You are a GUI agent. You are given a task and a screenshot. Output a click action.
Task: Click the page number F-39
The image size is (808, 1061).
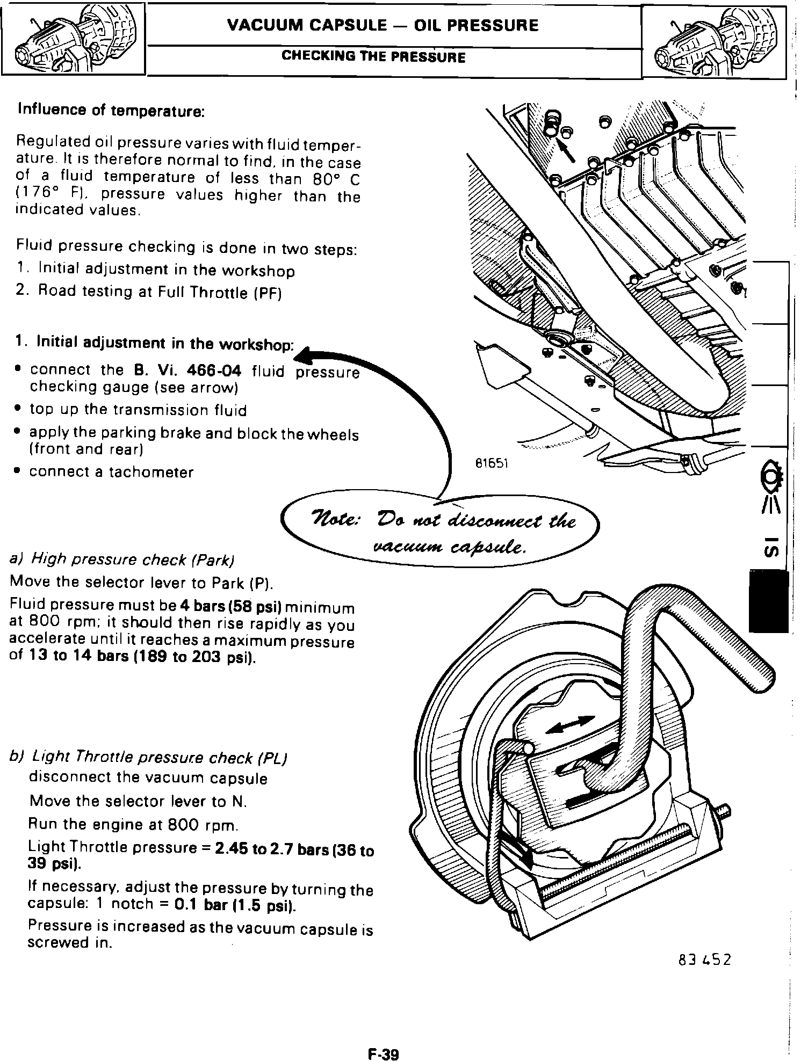pyautogui.click(x=383, y=1039)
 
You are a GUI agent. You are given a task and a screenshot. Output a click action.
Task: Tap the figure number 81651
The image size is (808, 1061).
pyautogui.click(x=492, y=463)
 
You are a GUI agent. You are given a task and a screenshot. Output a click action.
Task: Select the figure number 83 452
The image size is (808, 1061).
pyautogui.click(x=704, y=959)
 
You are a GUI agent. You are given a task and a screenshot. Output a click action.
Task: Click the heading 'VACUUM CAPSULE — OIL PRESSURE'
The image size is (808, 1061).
pyautogui.click(x=383, y=26)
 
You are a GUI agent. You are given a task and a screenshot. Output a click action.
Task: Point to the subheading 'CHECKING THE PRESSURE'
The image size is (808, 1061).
pyautogui.click(x=373, y=57)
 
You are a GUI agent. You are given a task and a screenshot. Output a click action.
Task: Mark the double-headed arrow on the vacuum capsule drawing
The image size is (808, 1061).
pyautogui.click(x=570, y=725)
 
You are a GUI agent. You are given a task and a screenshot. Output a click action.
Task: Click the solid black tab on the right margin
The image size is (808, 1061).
pyautogui.click(x=768, y=601)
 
